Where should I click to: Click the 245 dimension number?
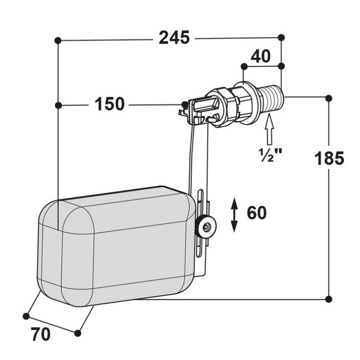tap(174, 38)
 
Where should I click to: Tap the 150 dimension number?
tap(109, 104)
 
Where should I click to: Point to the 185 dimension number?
tap(329, 158)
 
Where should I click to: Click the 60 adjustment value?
tap(256, 212)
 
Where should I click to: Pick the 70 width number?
tap(40, 334)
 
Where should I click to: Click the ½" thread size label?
tap(270, 155)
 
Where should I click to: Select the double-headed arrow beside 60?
tap(234, 215)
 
